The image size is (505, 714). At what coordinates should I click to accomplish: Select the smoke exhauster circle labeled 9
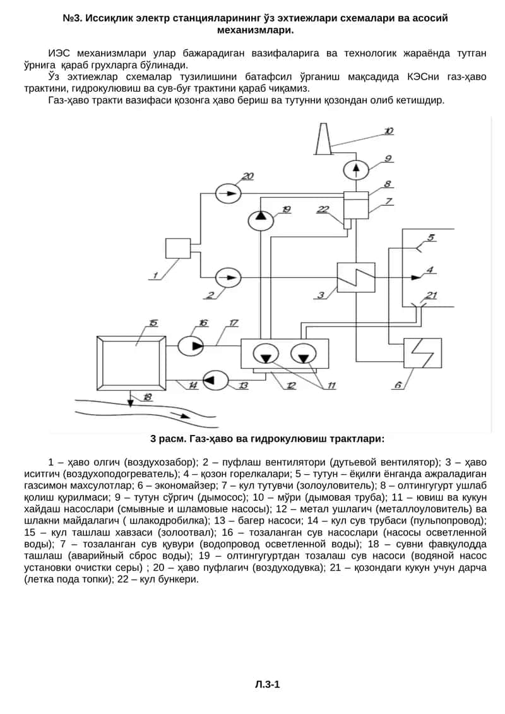coord(355,170)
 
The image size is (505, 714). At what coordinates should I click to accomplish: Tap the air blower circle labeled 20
coord(227,193)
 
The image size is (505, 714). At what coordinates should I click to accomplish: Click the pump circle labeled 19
coord(261,220)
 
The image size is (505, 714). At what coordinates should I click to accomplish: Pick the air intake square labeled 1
coord(177,249)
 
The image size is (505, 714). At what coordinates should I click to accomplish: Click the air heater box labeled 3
coord(356,277)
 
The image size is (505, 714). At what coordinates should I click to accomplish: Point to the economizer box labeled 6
coord(423,353)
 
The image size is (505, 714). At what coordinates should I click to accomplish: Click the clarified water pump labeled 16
coord(191,345)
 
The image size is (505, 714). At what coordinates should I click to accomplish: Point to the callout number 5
coord(431,238)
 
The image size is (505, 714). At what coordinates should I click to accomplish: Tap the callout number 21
coord(431,295)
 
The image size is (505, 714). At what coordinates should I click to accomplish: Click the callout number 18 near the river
coord(147,397)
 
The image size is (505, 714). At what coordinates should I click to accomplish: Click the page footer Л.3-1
coord(268,684)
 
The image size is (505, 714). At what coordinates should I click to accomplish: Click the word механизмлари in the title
coord(256,30)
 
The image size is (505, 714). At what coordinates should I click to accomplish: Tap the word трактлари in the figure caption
coord(357,439)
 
